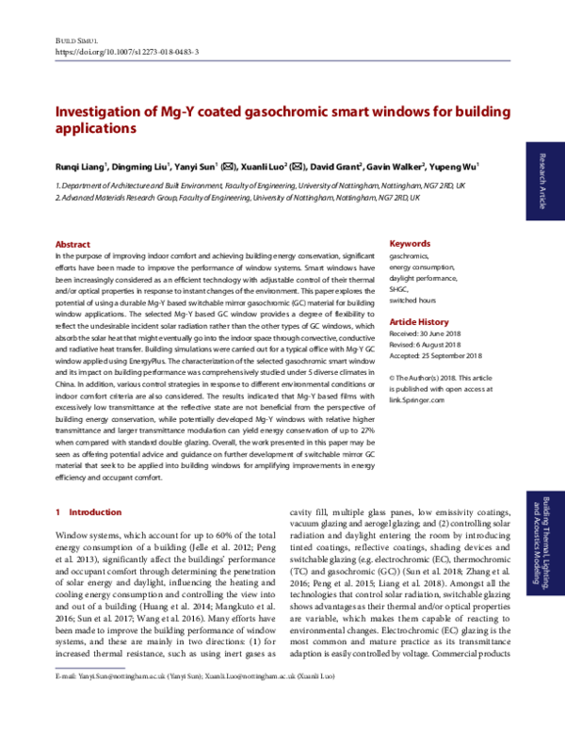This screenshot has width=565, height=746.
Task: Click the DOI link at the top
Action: [127, 53]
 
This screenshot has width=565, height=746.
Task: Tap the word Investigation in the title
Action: [96, 111]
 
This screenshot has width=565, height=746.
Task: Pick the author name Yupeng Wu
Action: [455, 167]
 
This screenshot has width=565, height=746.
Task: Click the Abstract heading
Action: [73, 244]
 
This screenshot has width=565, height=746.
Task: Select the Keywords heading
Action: [410, 243]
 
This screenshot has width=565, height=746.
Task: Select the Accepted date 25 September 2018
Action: [435, 355]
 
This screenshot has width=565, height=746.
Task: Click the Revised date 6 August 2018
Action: [428, 344]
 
